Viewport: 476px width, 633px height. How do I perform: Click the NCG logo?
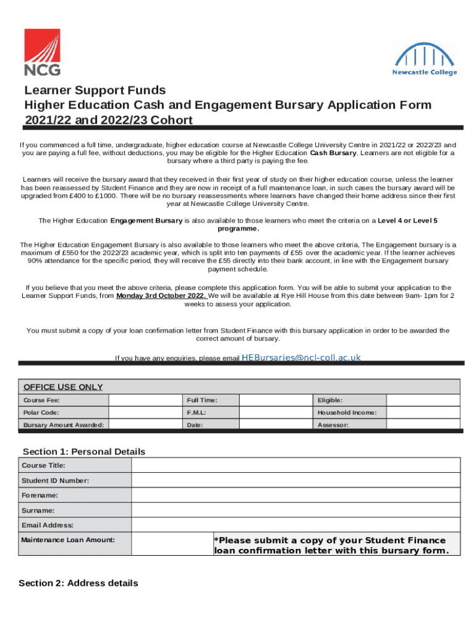pyautogui.click(x=42, y=52)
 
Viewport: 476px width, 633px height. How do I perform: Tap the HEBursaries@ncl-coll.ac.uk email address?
pyautogui.click(x=300, y=357)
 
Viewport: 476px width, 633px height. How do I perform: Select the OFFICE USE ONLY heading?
pyautogui.click(x=63, y=387)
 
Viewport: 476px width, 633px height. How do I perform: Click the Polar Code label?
pyautogui.click(x=41, y=412)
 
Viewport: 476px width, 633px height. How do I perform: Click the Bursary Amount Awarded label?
pyautogui.click(x=64, y=425)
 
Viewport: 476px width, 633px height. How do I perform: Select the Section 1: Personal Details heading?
pyautogui.click(x=84, y=451)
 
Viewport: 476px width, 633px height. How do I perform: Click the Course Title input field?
pyautogui.click(x=295, y=465)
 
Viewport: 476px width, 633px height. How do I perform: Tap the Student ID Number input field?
pyautogui.click(x=295, y=480)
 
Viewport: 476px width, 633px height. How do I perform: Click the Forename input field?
pyautogui.click(x=295, y=495)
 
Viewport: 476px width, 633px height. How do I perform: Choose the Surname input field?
pyautogui.click(x=295, y=510)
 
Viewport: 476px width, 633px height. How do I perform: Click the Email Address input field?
pyautogui.click(x=295, y=525)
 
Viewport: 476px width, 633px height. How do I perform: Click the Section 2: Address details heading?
pyautogui.click(x=79, y=583)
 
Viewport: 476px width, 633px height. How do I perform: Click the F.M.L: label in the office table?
pyautogui.click(x=196, y=412)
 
